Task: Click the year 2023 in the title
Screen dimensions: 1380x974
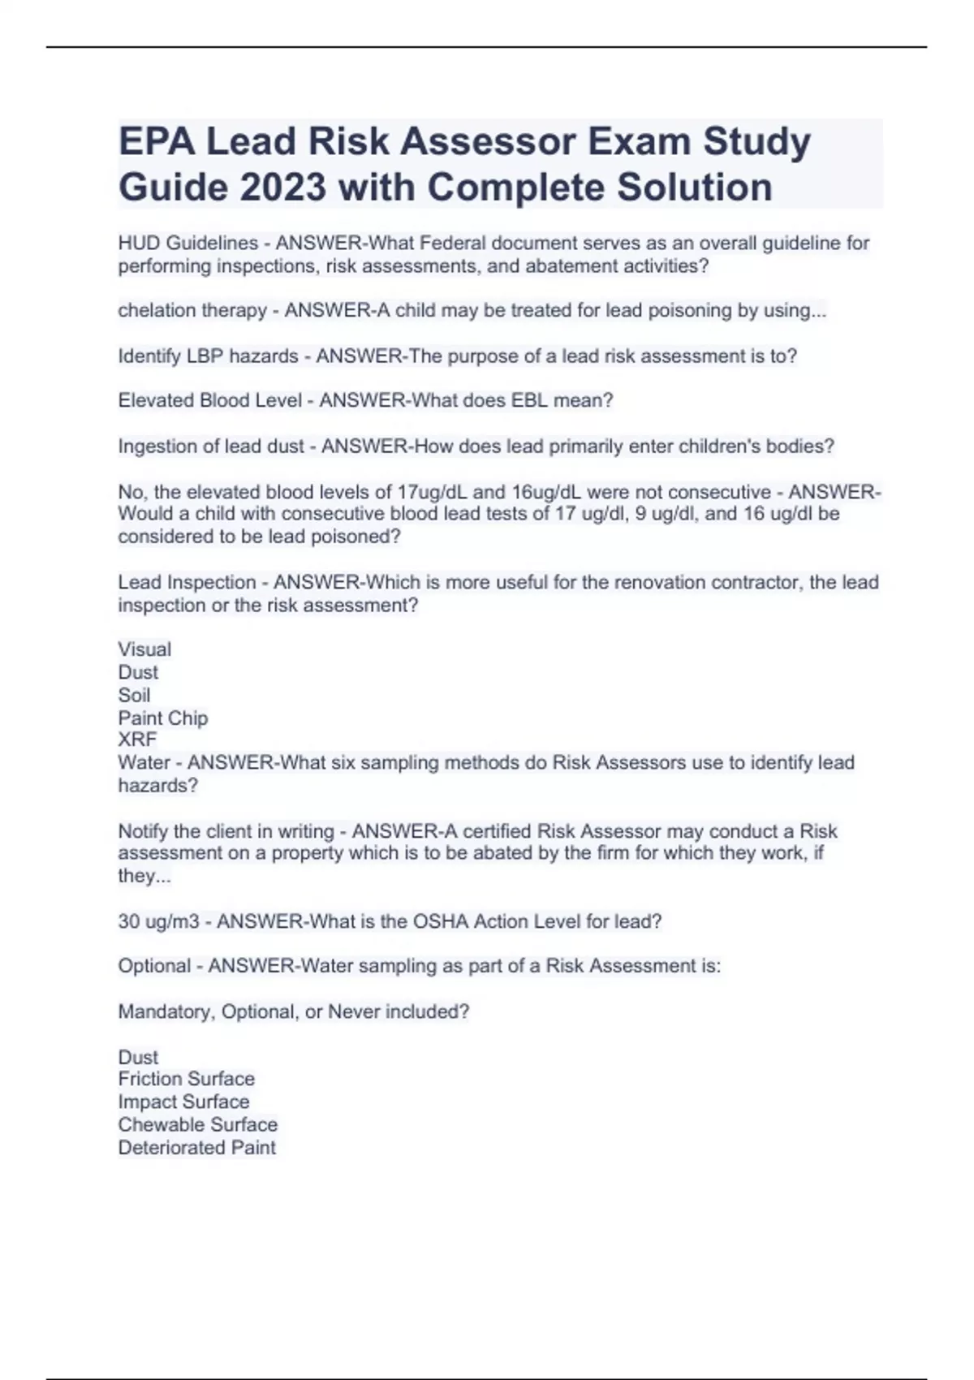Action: [x=283, y=188]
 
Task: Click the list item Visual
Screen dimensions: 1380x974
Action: [x=144, y=649]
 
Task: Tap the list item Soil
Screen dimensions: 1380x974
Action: [x=134, y=695]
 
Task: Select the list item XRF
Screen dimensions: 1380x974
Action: [x=137, y=740]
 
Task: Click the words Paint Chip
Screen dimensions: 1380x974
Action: [x=163, y=718]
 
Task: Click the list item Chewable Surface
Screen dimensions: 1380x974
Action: [x=197, y=1124]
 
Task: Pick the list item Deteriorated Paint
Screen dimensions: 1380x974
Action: [x=196, y=1147]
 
